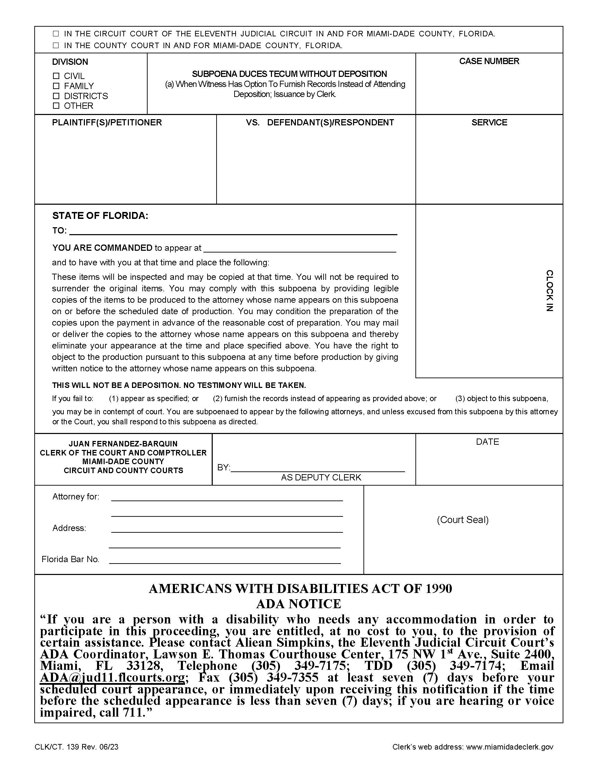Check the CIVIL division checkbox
coord(56,76)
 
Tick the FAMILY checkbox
coord(56,86)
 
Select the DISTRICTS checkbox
coord(56,96)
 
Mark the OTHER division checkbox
coord(56,106)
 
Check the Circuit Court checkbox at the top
coord(56,34)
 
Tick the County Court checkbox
coord(56,45)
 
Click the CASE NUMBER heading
coord(489,61)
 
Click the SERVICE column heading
coord(489,123)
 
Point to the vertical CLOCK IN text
coord(549,290)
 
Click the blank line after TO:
coord(233,231)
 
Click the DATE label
coord(487,442)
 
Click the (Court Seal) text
coord(462,520)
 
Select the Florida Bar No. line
coord(225,559)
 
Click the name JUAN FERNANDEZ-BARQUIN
coord(123,444)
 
